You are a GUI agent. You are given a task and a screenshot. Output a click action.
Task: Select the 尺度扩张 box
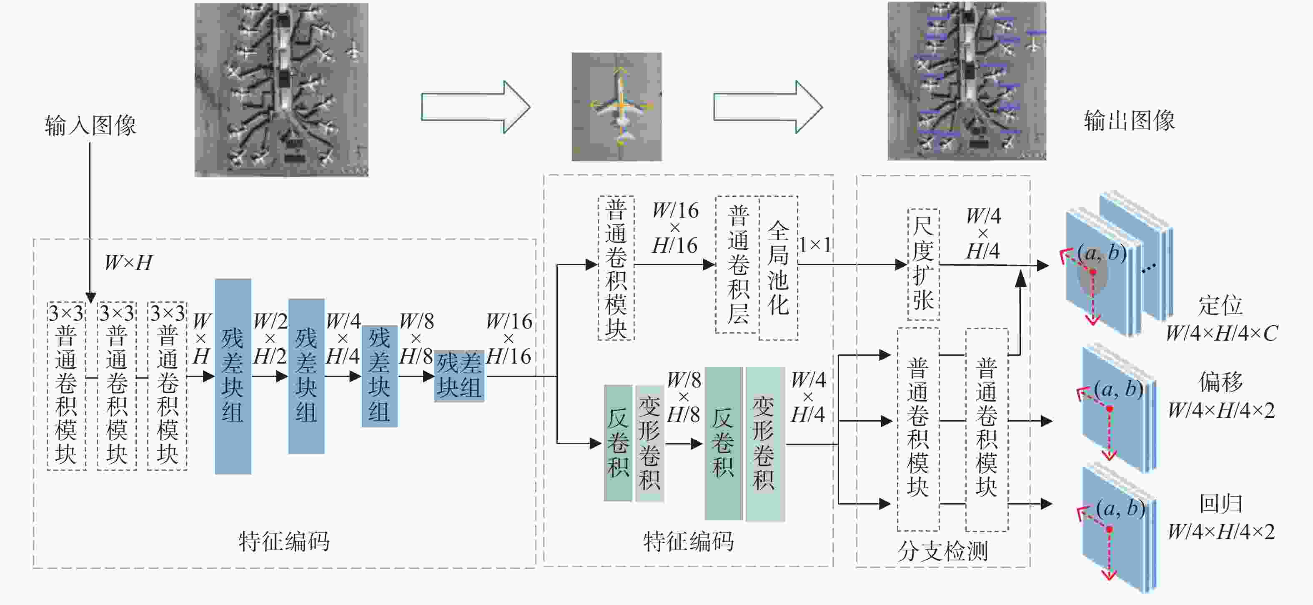tap(924, 264)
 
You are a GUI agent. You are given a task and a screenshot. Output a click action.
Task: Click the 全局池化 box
tap(778, 268)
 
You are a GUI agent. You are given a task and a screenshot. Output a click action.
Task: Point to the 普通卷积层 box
tap(737, 264)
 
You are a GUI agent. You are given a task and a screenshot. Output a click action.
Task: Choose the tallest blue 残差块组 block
tap(233, 376)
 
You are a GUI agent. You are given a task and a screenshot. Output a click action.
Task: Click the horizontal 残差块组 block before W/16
tap(459, 376)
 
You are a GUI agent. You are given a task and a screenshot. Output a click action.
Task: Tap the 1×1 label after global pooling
tap(815, 245)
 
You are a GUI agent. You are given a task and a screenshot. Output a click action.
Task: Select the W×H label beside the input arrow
tap(128, 263)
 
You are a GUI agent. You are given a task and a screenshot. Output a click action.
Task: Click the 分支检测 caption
tap(942, 551)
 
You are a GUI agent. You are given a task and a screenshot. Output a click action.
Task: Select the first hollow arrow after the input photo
tap(476, 107)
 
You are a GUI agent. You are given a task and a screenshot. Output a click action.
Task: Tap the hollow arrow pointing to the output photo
tap(768, 107)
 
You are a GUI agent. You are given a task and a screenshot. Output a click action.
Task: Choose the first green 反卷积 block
tap(618, 443)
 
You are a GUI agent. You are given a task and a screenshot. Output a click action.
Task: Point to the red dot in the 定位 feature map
tap(1093, 272)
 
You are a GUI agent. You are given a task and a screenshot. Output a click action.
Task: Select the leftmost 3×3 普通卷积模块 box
tap(66, 385)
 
